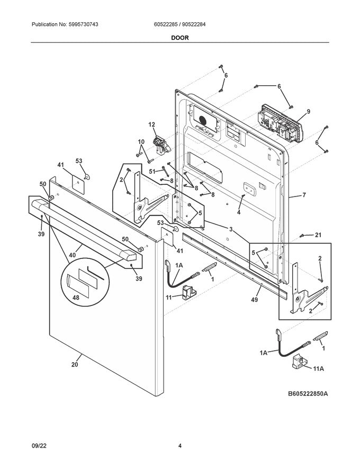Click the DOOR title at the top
tap(179, 38)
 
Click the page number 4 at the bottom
tap(180, 446)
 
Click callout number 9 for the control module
tap(308, 112)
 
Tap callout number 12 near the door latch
tap(152, 124)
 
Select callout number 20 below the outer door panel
tap(74, 364)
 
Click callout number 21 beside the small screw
tap(318, 235)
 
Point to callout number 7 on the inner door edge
tap(304, 195)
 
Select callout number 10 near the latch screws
tap(141, 141)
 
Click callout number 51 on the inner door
tap(152, 171)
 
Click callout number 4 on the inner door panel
tap(239, 212)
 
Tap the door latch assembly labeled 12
tap(159, 144)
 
